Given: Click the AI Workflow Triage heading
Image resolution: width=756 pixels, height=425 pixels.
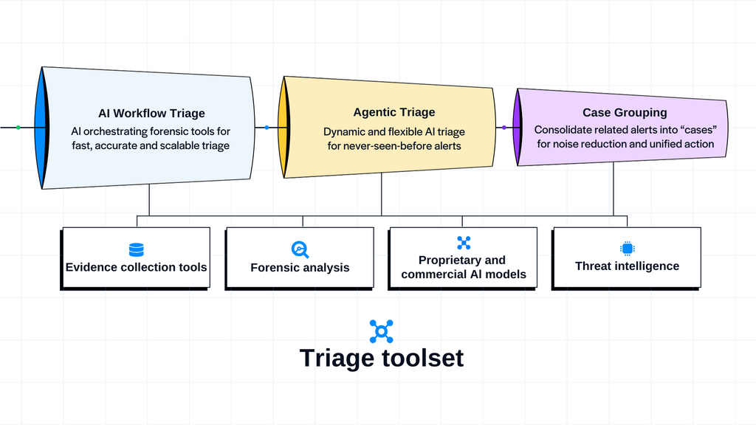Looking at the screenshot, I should coord(151,114).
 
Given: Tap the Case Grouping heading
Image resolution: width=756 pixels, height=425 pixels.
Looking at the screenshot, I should coord(624,113).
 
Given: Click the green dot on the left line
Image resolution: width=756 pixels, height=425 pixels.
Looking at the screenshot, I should coord(18,128).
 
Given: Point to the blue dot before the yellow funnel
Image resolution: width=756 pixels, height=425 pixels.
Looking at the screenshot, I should coord(267,128).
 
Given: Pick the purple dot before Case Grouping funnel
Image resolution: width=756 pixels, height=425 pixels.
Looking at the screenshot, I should coord(504,128).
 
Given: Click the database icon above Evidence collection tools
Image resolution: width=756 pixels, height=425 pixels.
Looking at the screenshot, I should coord(136,249).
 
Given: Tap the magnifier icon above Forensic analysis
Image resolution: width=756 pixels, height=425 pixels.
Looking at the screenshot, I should coord(299,249).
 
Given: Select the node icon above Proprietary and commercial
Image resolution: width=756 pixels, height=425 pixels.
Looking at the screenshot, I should coord(463,242).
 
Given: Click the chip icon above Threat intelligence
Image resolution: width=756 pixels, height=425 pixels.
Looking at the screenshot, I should coord(627,249).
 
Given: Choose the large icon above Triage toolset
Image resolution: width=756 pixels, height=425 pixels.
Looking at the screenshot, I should coord(381,331).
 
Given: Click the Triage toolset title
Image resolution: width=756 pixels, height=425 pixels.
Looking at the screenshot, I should coord(381,358).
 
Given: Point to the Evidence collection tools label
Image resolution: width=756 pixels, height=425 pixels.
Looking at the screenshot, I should coord(136,267).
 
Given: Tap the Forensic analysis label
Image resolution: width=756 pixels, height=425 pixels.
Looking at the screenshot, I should coord(300,267).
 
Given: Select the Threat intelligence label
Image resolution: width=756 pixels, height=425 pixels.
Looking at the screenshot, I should coord(627,266).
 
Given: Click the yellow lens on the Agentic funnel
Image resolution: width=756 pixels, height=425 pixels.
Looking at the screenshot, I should coord(283,127).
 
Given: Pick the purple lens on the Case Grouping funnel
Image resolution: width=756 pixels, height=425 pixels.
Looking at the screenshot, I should coord(518,127).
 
